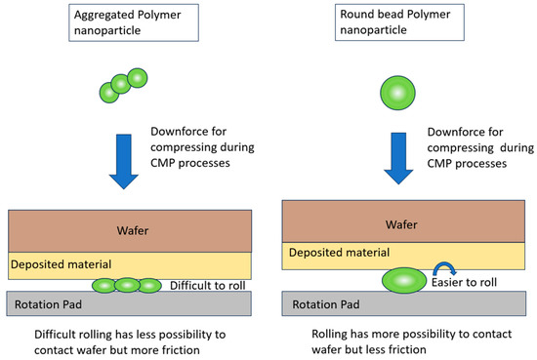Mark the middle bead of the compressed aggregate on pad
pyautogui.click(x=126, y=285)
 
